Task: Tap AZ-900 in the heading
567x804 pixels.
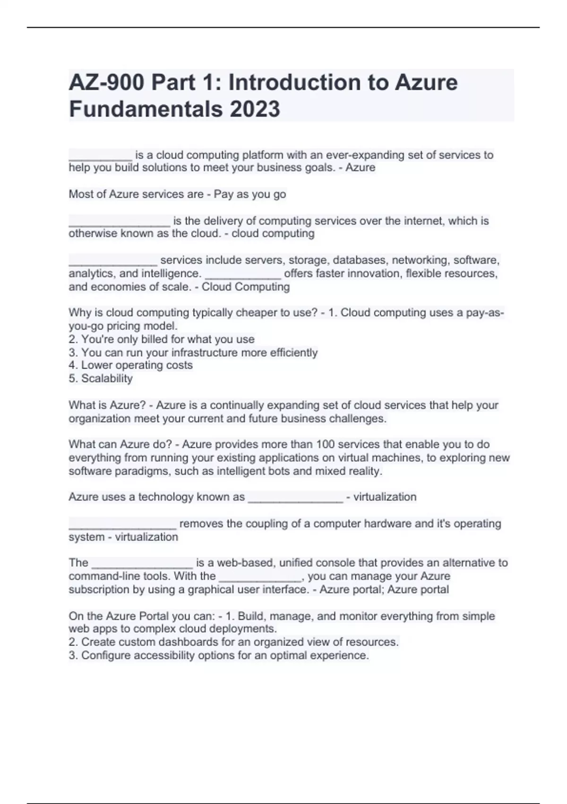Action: pyautogui.click(x=106, y=83)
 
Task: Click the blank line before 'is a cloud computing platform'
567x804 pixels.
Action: pyautogui.click(x=100, y=156)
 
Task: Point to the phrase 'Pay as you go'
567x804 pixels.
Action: pyautogui.click(x=250, y=194)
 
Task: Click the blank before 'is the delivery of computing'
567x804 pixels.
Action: pyautogui.click(x=119, y=222)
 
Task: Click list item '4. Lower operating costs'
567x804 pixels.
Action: pyautogui.click(x=130, y=365)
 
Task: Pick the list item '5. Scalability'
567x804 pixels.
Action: pyautogui.click(x=101, y=378)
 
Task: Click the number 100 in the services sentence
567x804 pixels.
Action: pyautogui.click(x=325, y=444)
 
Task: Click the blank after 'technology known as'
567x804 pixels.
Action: pyautogui.click(x=295, y=498)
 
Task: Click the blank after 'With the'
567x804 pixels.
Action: pyautogui.click(x=260, y=577)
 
